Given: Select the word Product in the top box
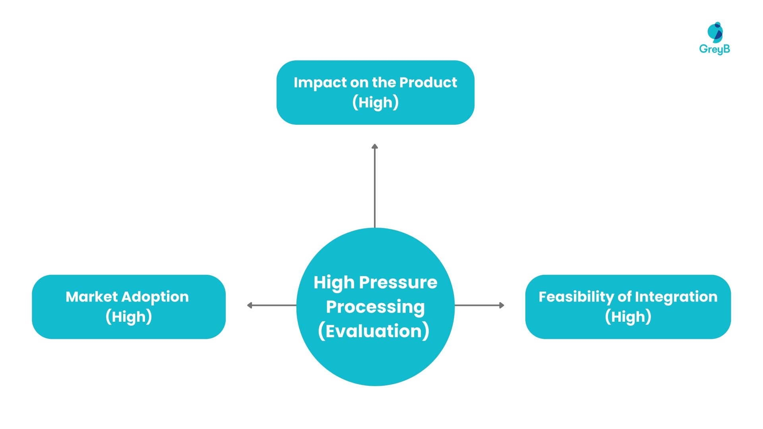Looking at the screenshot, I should [x=428, y=82].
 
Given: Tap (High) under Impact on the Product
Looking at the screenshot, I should [x=376, y=102].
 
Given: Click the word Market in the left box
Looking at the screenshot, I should [x=92, y=297].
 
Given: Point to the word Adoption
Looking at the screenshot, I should [x=155, y=297].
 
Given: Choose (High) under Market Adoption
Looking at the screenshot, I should [x=129, y=317].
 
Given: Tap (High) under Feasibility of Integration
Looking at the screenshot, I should [x=628, y=317].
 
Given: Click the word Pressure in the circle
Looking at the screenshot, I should [x=398, y=282].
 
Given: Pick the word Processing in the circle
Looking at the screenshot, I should [x=376, y=307].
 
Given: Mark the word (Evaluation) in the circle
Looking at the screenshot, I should [x=374, y=331].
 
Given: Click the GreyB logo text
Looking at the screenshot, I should [x=715, y=49].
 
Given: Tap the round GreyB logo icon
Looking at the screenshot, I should [x=715, y=32].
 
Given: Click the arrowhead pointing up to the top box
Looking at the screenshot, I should [x=375, y=147].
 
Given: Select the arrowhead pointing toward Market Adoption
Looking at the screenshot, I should [x=250, y=305].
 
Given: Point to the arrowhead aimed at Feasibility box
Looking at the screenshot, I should [x=502, y=305].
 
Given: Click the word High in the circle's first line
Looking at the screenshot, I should [x=334, y=282].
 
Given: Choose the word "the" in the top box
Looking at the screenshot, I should [x=384, y=82].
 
